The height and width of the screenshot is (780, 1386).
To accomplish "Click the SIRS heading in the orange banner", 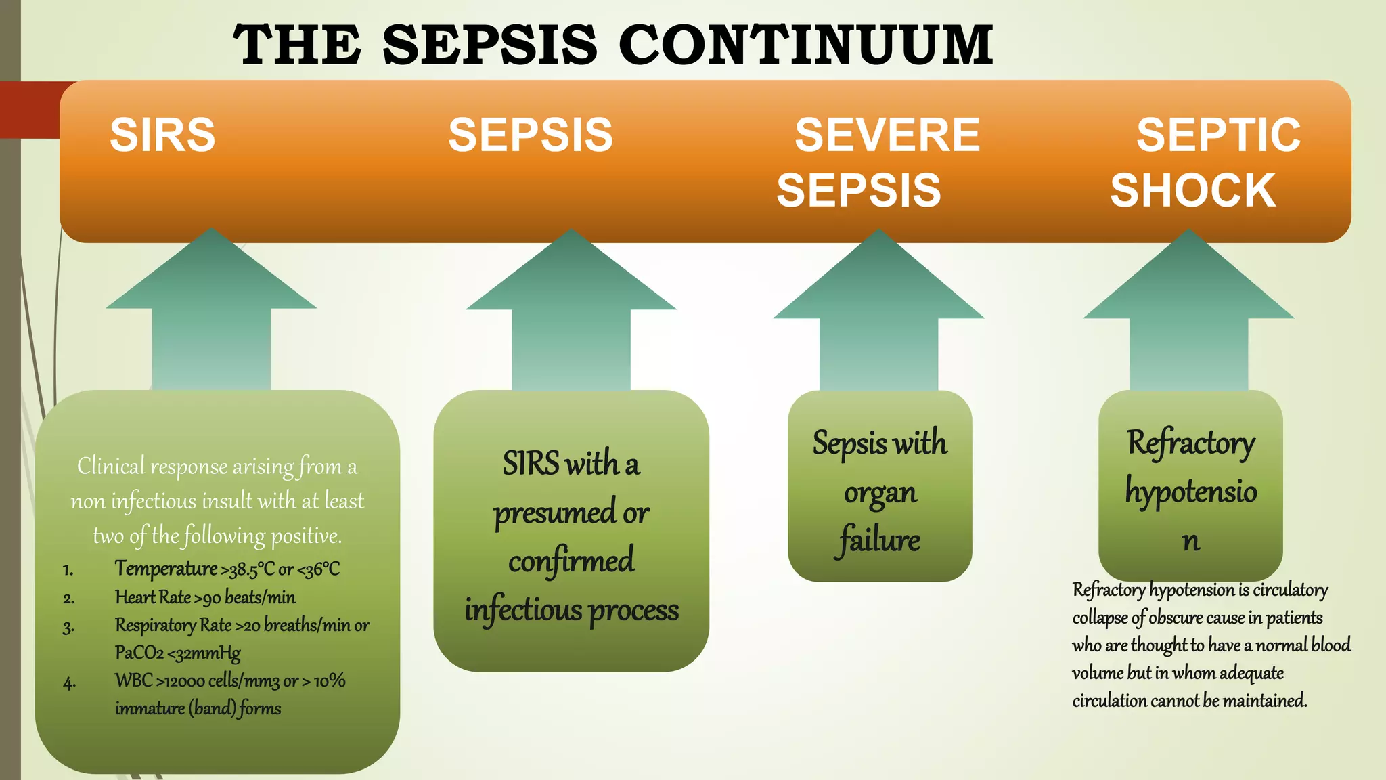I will tap(162, 135).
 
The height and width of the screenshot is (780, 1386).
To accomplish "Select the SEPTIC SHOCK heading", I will tap(1205, 162).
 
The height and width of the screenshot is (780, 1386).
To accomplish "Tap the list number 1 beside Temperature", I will tap(68, 570).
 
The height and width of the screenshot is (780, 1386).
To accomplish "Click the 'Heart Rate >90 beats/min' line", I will tap(205, 597).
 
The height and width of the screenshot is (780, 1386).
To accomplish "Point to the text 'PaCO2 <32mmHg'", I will tap(177, 653).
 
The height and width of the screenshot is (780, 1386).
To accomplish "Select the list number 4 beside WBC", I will tap(69, 682).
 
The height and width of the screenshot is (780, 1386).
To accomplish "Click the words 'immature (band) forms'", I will tap(198, 708).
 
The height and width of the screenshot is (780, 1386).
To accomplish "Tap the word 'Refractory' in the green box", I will tap(1191, 443).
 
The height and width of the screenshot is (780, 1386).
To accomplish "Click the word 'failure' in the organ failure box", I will tap(879, 540).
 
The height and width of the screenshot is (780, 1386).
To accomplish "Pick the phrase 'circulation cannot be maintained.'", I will tap(1189, 700).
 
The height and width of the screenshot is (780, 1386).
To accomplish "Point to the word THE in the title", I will tap(296, 45).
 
